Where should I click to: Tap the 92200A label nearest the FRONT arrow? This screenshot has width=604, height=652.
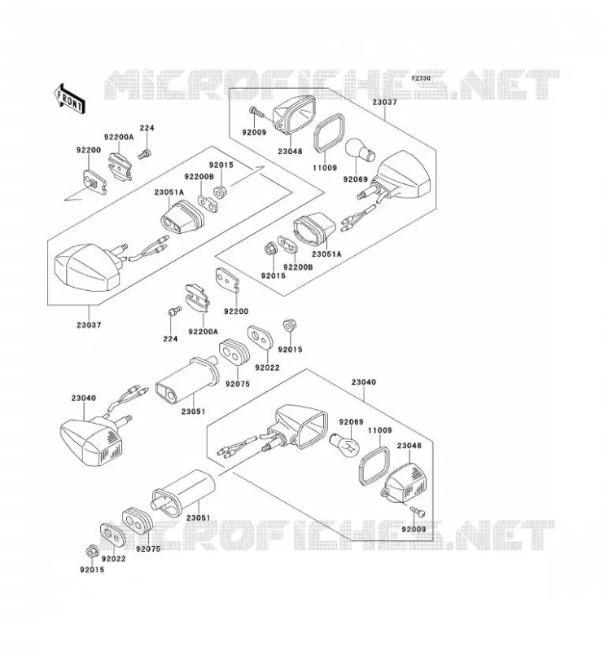pos(119,137)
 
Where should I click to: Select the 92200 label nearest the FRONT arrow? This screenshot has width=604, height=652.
pos(88,150)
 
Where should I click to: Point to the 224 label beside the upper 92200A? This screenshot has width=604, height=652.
pos(147,128)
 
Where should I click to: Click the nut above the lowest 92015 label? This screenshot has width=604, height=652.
pos(90,553)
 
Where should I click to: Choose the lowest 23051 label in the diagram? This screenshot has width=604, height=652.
pos(198,518)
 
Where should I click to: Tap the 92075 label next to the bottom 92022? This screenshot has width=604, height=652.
pos(148,548)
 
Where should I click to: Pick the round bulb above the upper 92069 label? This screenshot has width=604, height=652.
pos(361,151)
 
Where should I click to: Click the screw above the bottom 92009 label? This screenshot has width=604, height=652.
pos(417,511)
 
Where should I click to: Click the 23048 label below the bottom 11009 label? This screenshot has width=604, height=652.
pos(409,446)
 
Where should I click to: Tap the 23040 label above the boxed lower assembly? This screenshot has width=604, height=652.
pos(364,382)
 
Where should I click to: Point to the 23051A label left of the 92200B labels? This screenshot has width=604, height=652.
pos(169,192)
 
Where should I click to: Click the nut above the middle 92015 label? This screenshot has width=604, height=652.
pos(287,324)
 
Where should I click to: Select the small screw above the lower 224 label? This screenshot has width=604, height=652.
pos(174,311)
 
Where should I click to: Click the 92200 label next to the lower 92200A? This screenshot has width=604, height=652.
pos(236,311)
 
